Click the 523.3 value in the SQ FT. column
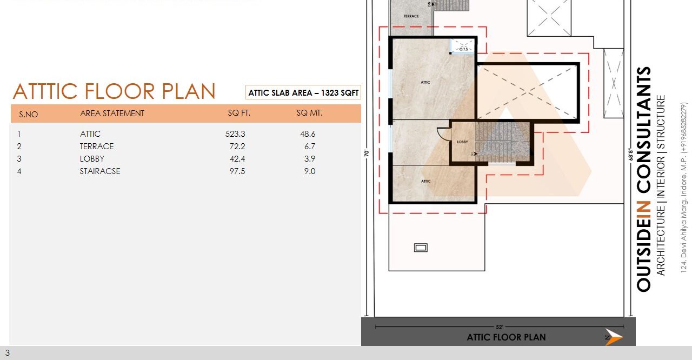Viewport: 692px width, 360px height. coord(235,134)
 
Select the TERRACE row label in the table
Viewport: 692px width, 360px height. coord(97,146)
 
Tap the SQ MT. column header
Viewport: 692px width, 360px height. coord(309,114)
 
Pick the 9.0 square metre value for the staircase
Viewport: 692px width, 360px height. coord(309,171)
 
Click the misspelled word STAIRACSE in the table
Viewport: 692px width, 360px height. coord(100,171)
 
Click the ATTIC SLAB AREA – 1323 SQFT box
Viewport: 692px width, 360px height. coord(303,93)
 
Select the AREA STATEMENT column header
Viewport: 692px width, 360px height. coord(112,114)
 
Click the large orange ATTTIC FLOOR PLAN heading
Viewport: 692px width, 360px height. coord(114,92)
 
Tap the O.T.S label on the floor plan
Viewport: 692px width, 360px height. coord(463,49)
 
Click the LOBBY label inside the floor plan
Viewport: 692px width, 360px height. coord(462,142)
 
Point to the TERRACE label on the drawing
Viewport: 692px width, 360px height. coord(411,16)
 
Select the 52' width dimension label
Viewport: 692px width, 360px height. coord(499,326)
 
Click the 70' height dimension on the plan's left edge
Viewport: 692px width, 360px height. coord(367,152)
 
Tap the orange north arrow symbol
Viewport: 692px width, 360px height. coord(614,337)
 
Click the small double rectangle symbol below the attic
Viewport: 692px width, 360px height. coord(421,248)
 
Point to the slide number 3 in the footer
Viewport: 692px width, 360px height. coord(8,353)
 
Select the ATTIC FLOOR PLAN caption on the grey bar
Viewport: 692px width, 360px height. coord(506,337)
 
